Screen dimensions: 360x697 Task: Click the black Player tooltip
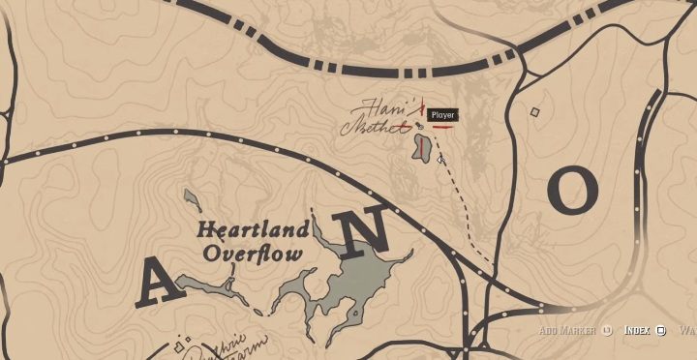(x=441, y=115)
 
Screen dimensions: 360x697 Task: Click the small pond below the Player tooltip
(x=423, y=147)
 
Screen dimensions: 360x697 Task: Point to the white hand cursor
(x=440, y=159)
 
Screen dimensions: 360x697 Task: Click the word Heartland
(x=253, y=230)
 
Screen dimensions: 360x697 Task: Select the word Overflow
(x=253, y=254)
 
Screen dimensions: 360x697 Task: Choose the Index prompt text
(x=636, y=330)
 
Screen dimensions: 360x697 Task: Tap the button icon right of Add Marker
(x=607, y=330)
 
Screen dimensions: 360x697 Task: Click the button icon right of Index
(x=660, y=330)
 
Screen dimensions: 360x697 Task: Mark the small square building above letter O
(x=534, y=112)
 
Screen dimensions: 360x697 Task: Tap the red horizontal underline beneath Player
(x=443, y=126)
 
